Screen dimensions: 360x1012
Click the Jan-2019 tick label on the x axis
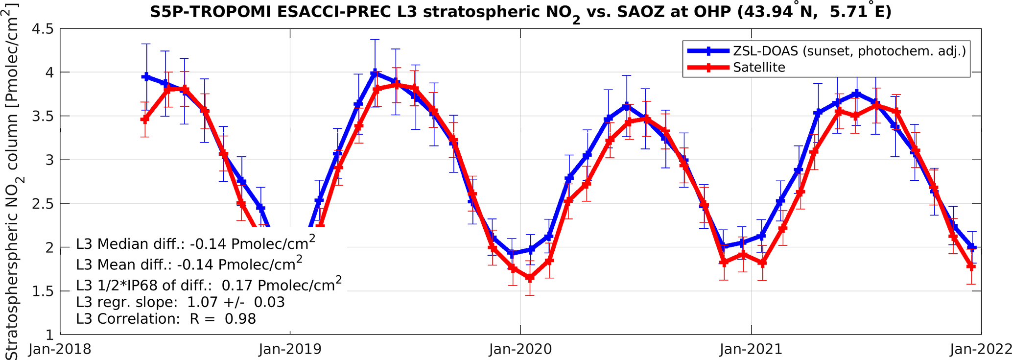coord(290,349)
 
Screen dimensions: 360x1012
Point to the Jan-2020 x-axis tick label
coord(520,349)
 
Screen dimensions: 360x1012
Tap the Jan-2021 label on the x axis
coord(751,349)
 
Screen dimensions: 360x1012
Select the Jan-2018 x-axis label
coord(60,349)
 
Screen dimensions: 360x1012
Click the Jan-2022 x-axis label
coord(981,349)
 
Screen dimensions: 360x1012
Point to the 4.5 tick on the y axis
coord(43,29)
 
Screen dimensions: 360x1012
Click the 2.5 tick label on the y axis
coord(43,204)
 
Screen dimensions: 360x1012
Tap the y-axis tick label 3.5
coord(43,117)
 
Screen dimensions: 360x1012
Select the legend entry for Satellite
coord(759,67)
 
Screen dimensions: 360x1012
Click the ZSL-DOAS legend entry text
coord(849,50)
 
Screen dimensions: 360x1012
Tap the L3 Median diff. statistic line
coord(195,243)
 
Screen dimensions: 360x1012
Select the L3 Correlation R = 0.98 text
coord(166,319)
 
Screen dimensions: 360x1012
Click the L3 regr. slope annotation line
coord(180,302)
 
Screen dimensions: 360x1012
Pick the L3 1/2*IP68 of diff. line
coord(209,284)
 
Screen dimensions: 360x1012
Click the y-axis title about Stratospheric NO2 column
coord(13,181)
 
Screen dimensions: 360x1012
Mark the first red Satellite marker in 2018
coord(144,120)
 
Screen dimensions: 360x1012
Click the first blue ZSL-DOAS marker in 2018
coord(145,77)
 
